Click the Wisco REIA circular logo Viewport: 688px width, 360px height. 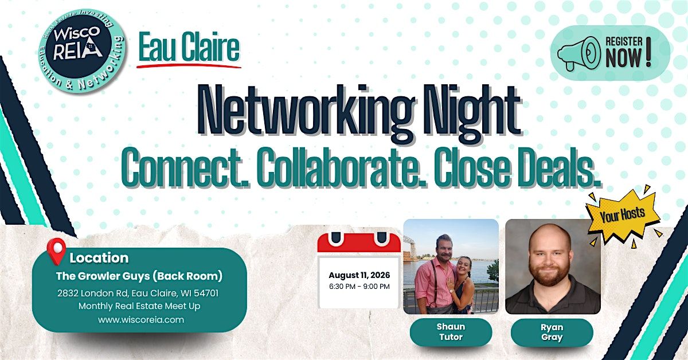(82, 50)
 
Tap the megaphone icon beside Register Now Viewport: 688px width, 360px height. (579, 53)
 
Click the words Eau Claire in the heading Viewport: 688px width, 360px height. (189, 47)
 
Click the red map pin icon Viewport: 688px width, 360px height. (56, 251)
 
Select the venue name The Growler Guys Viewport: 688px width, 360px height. (103, 276)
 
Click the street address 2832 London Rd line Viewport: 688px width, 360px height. (138, 293)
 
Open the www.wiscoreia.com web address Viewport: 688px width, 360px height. (141, 319)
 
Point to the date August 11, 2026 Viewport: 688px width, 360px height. (359, 275)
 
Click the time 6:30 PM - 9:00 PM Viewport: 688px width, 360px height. (359, 286)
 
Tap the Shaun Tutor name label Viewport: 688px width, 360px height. (451, 332)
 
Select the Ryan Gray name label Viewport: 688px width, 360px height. (552, 332)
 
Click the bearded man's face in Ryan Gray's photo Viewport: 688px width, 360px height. (550, 258)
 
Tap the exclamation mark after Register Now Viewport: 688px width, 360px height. (648, 52)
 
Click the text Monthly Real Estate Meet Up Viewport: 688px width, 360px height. (139, 306)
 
